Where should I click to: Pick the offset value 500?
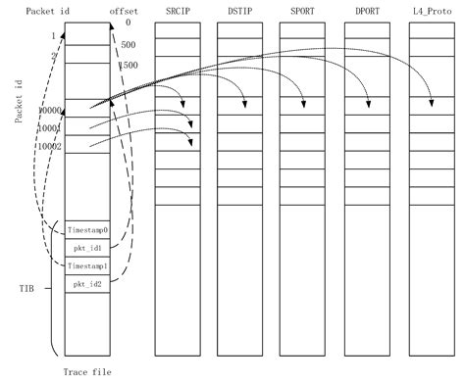pos(129,45)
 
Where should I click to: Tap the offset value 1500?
pos(129,64)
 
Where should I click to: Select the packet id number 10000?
pos(49,111)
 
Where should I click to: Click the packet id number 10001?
pos(49,128)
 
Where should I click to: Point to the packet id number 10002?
pos(49,146)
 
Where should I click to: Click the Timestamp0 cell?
pos(87,230)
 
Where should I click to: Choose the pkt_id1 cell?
pos(87,249)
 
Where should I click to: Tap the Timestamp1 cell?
pos(87,266)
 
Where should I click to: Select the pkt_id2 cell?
pos(87,284)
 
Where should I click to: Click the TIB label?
pos(26,291)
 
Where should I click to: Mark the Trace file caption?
pos(88,372)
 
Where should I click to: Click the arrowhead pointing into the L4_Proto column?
pos(433,104)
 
